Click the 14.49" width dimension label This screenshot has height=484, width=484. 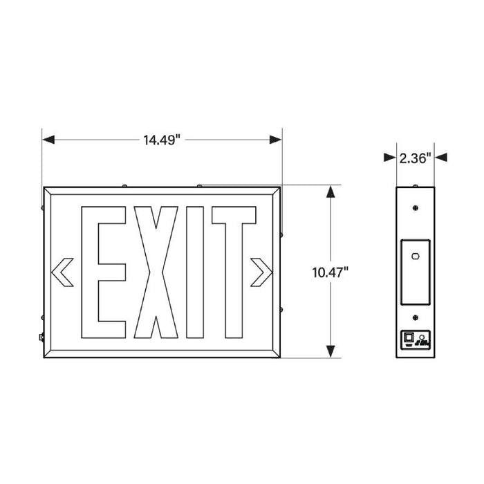pyautogui.click(x=162, y=140)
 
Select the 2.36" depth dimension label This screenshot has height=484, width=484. pyautogui.click(x=415, y=158)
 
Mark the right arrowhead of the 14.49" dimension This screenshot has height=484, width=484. pyautogui.click(x=276, y=140)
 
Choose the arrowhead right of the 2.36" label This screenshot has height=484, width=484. pyautogui.click(x=440, y=158)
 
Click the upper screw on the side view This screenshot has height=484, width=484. pyautogui.click(x=415, y=207)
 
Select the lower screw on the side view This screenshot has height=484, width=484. pyautogui.click(x=415, y=318)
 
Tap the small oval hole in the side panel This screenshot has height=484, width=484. pyautogui.click(x=416, y=257)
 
